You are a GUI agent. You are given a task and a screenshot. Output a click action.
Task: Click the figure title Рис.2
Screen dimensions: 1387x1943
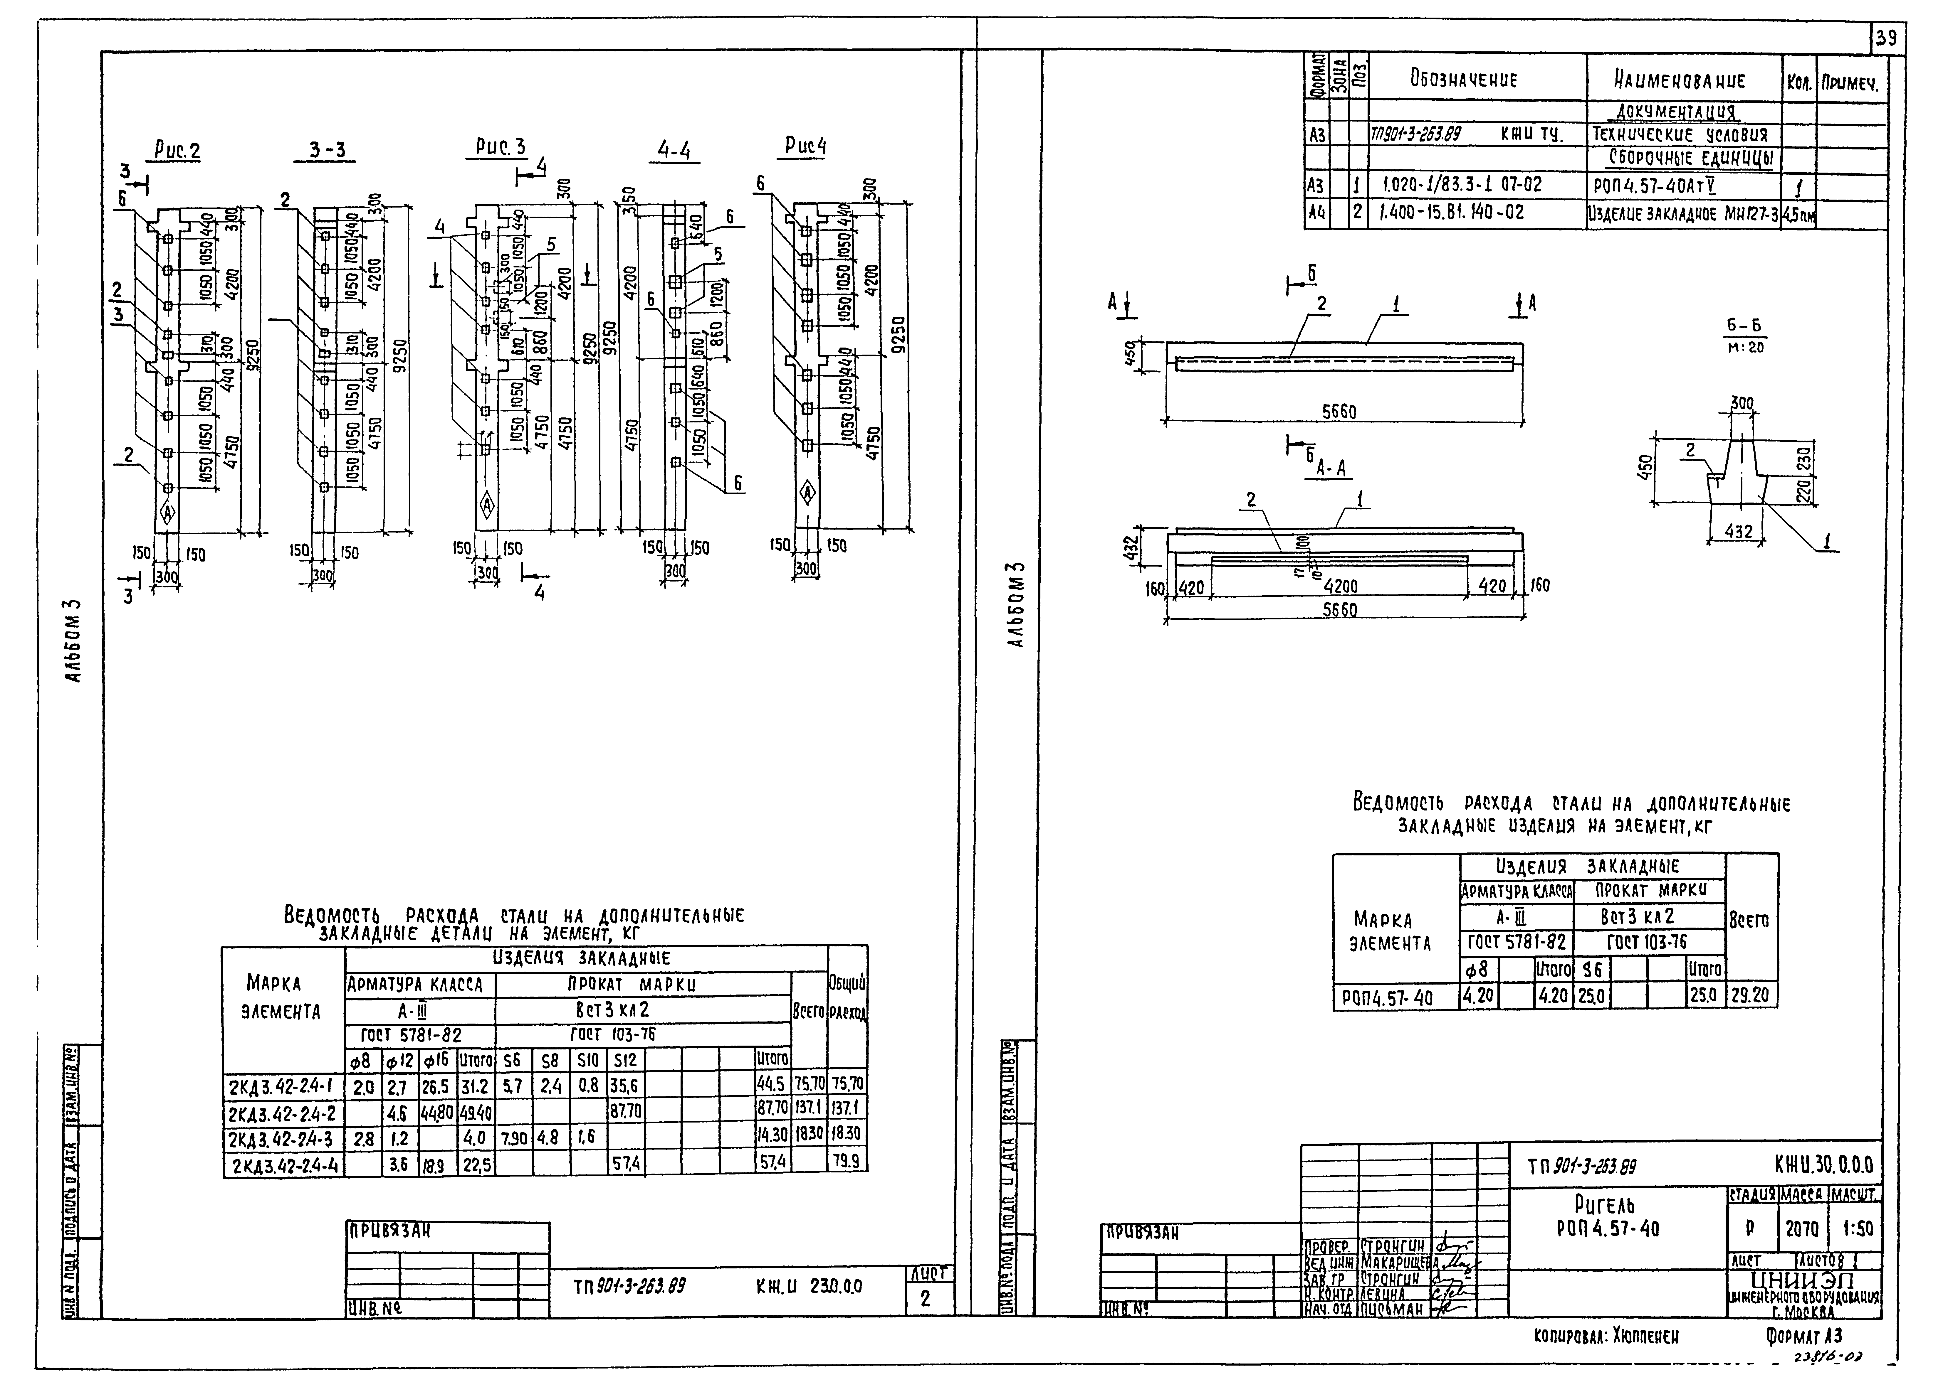click(177, 151)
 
